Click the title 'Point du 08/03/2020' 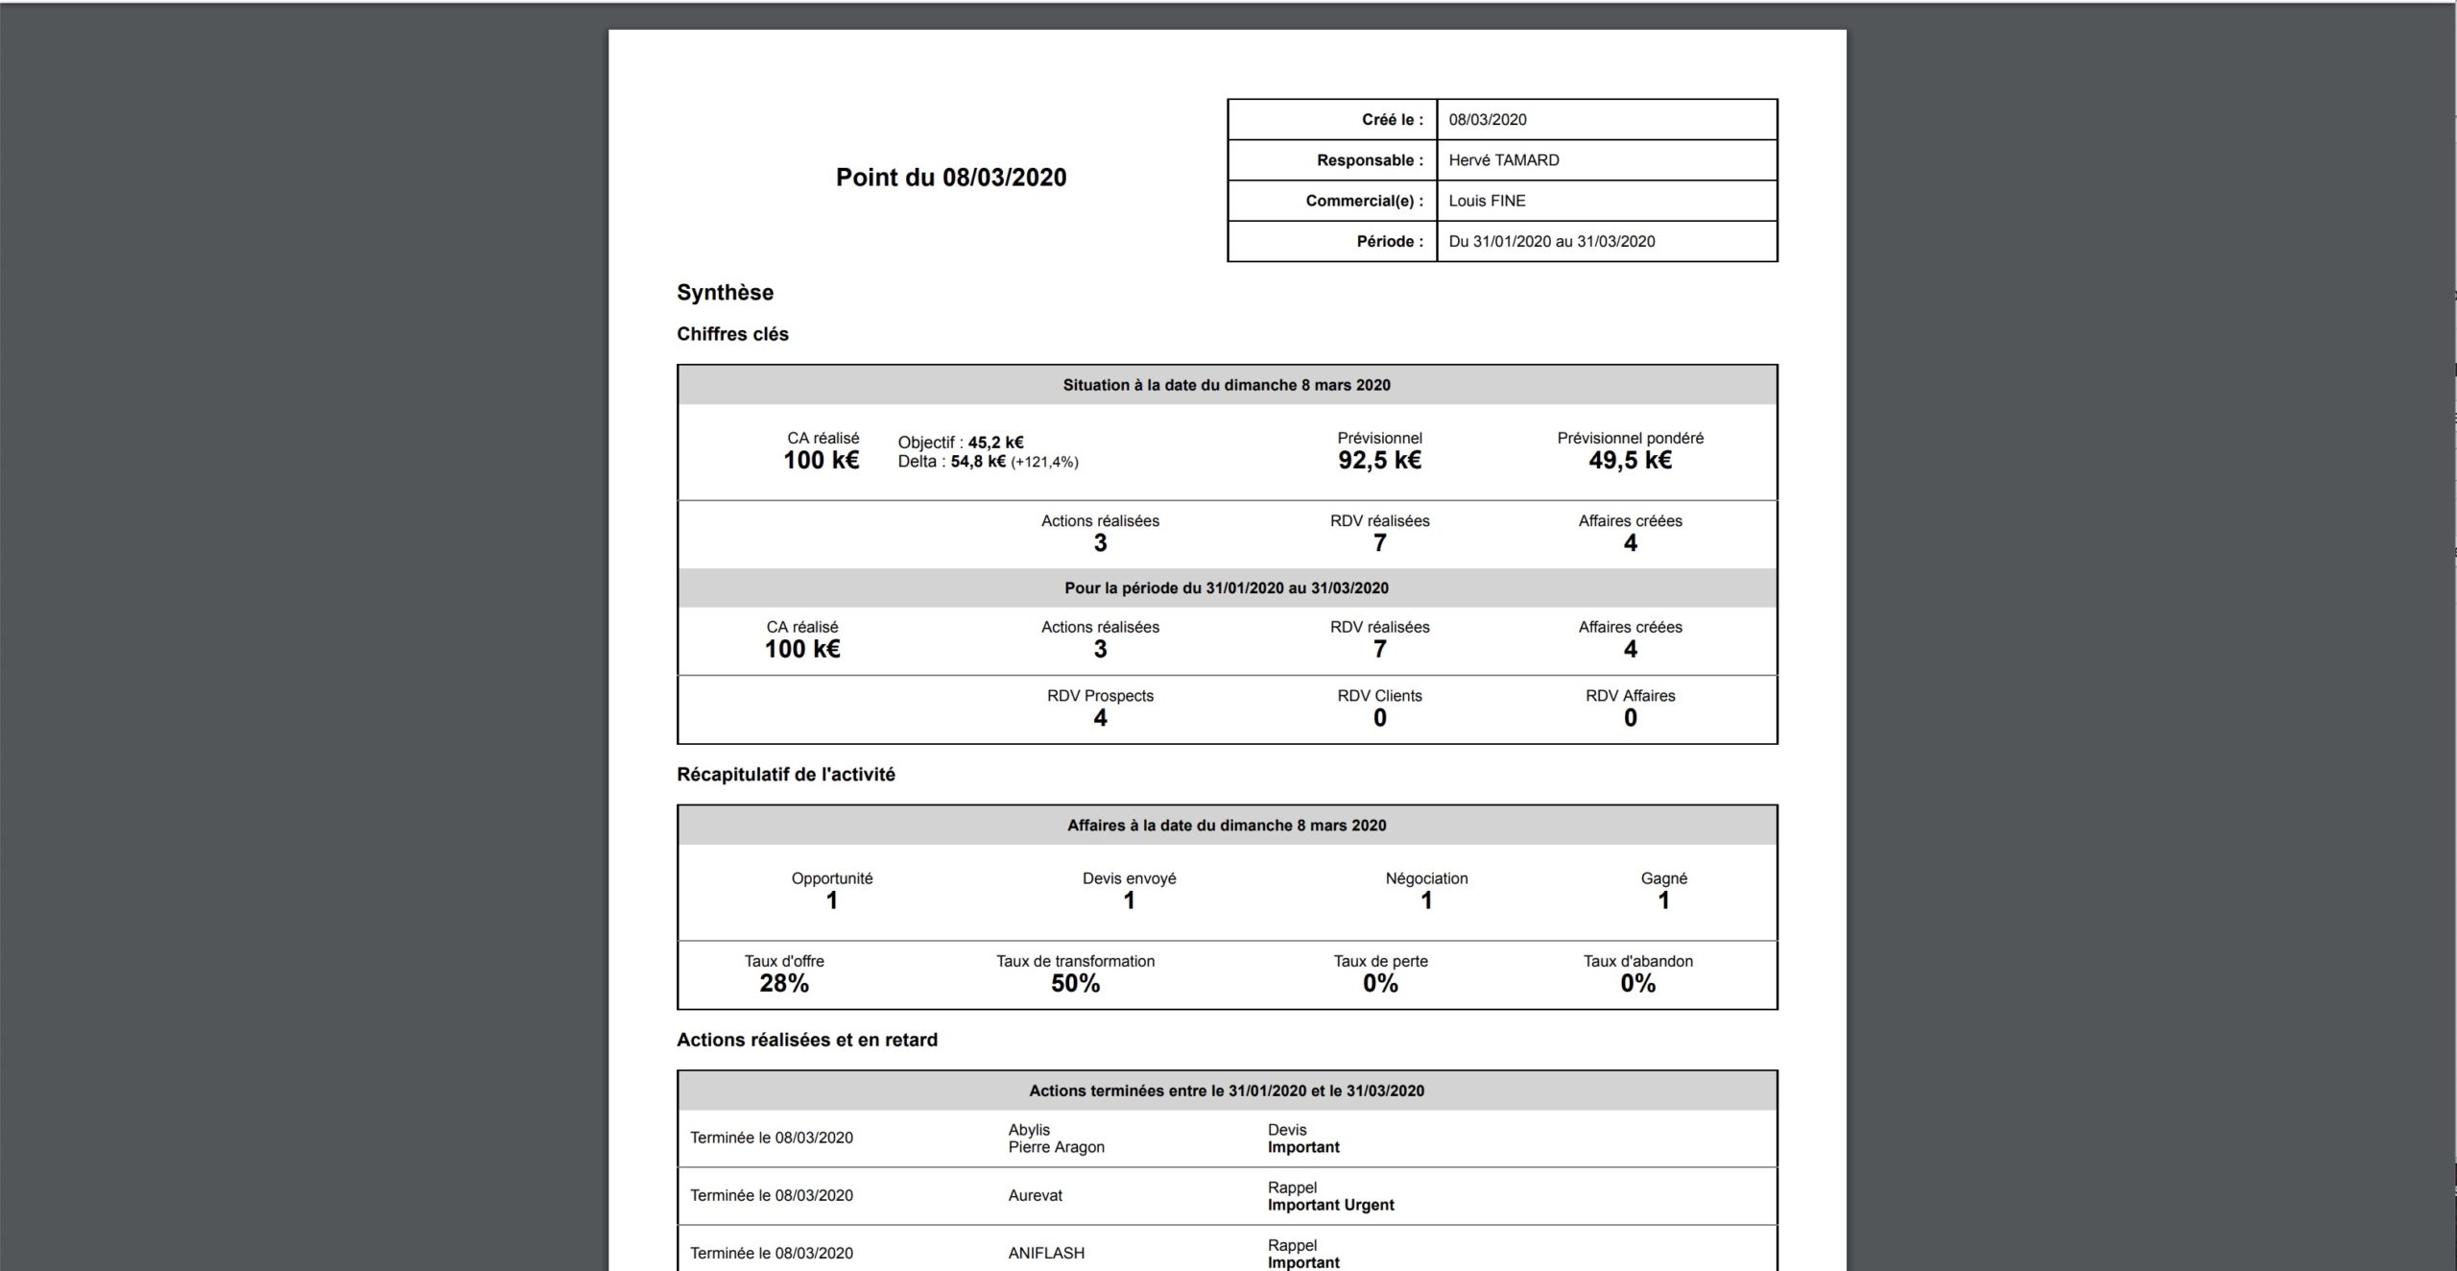[950, 178]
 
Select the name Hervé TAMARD [1503, 160]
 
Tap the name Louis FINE [1487, 201]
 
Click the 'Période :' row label [1390, 241]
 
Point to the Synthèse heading [725, 293]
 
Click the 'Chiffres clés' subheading [732, 334]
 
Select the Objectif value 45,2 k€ [995, 443]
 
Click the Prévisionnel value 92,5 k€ [1379, 461]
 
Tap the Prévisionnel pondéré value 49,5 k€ [1630, 461]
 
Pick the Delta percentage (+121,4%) [1044, 462]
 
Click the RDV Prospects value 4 [1100, 718]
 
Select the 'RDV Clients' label [1379, 696]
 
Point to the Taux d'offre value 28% [784, 984]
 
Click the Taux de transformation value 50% [1075, 984]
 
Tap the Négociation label [1426, 878]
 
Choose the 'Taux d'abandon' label [1637, 961]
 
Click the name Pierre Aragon [1056, 1147]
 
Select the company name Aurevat [1035, 1195]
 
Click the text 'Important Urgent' [1330, 1205]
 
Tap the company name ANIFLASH [1046, 1253]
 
